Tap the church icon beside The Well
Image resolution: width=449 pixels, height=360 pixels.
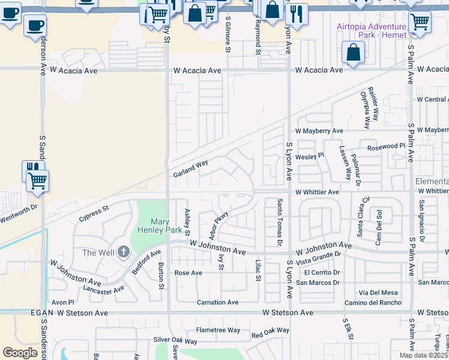(124, 252)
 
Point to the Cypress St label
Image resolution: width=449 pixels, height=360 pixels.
(92, 214)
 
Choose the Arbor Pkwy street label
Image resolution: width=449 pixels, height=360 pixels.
(220, 224)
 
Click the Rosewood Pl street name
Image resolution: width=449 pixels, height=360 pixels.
(387, 146)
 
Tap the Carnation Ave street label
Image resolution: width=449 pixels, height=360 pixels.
(217, 302)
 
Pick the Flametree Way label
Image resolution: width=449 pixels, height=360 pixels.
(218, 331)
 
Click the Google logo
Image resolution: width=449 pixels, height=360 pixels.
(20, 353)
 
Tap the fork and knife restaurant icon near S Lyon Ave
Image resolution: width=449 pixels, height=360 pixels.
(296, 14)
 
